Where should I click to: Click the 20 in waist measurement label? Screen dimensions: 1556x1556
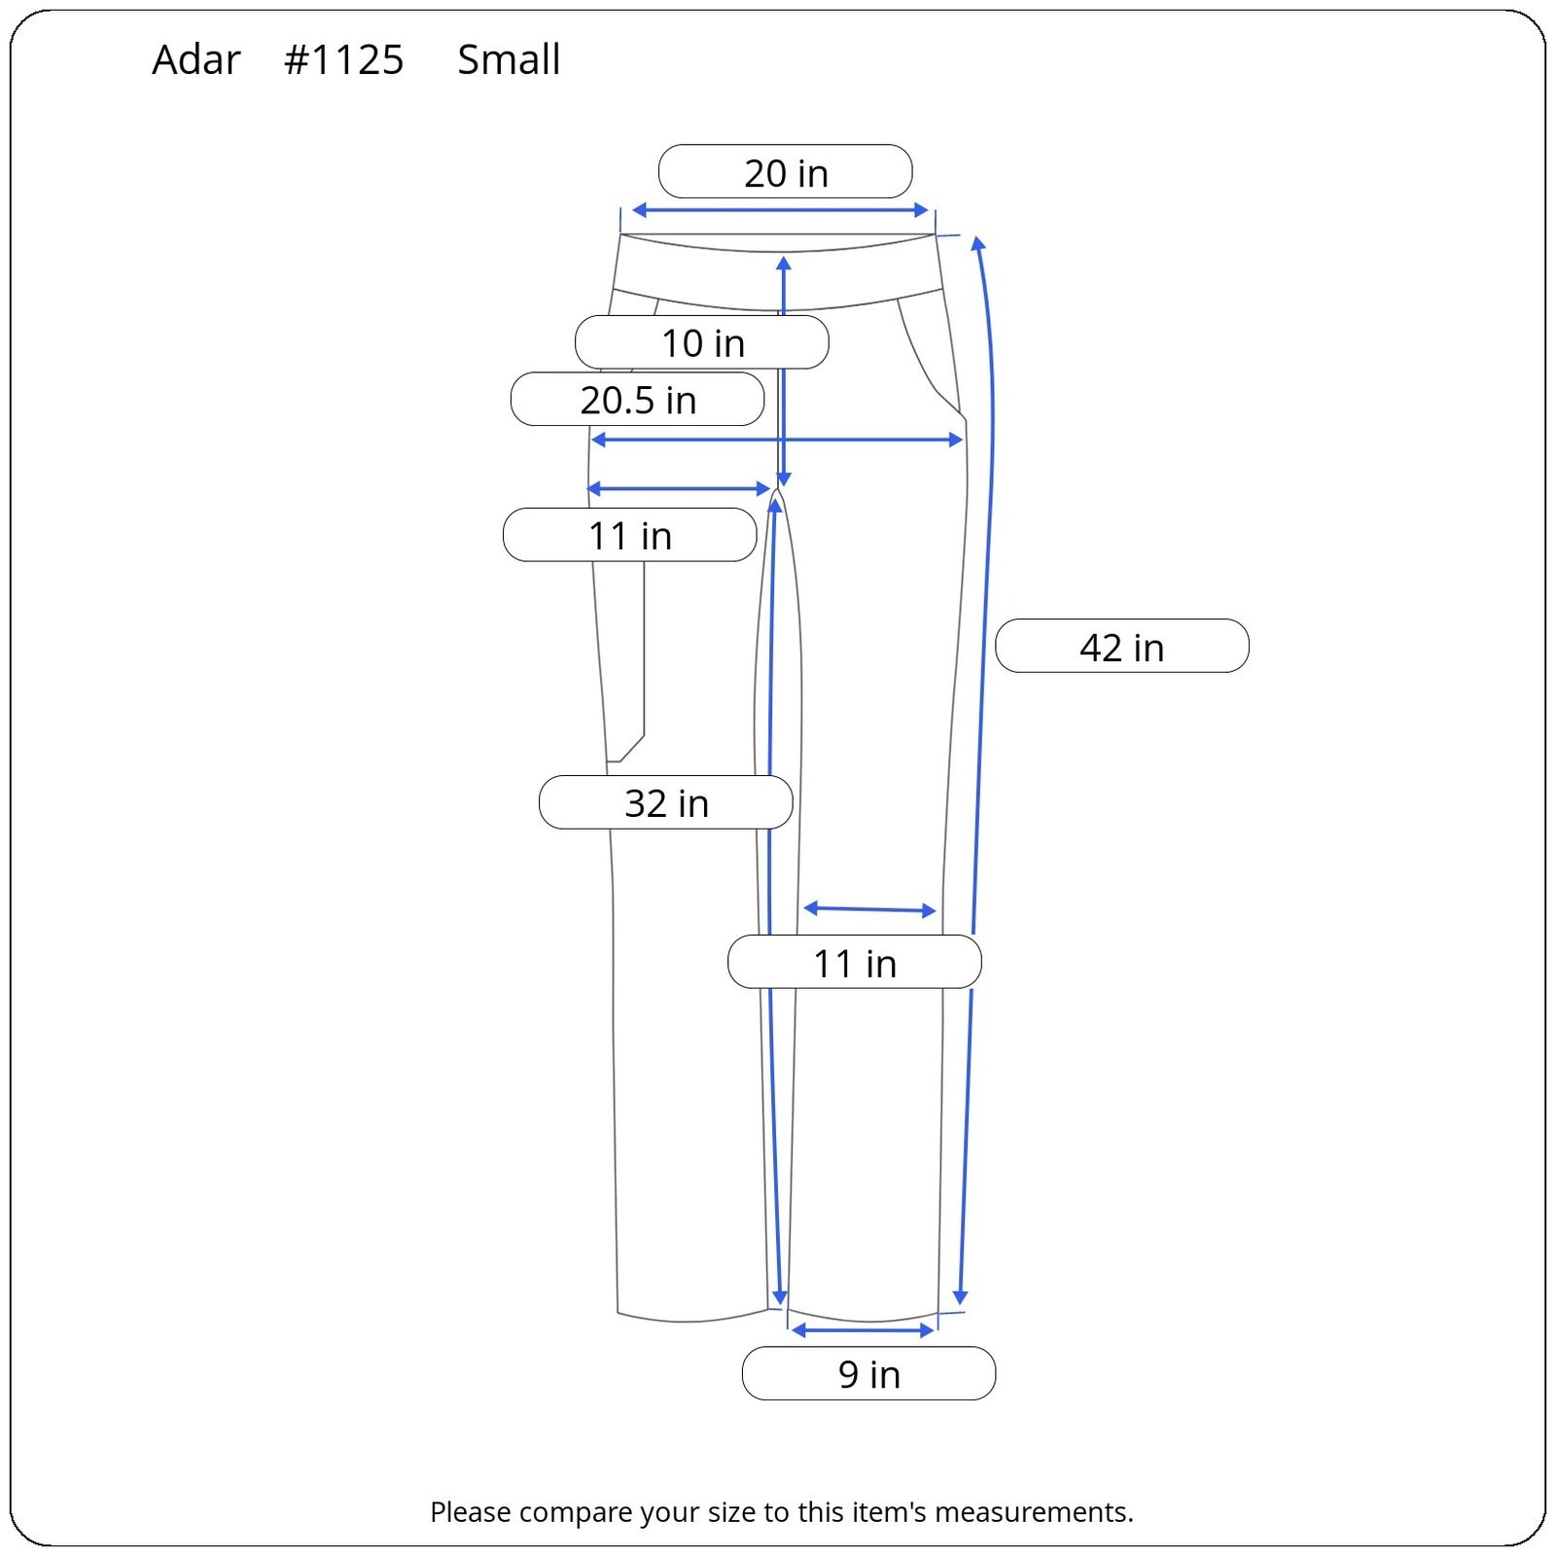point(786,172)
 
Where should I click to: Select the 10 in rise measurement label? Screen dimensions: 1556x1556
point(702,342)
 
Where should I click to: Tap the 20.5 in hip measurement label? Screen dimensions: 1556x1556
point(638,400)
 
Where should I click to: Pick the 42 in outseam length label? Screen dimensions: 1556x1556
point(1122,647)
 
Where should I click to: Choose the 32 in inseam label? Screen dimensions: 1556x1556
point(666,802)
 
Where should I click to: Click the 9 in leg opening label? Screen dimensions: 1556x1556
point(869,1373)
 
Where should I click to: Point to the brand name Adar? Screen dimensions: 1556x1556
point(195,60)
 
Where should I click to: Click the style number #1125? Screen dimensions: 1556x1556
point(343,60)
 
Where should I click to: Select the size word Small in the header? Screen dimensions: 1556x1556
point(509,59)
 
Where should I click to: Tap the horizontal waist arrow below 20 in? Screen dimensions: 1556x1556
point(780,210)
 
